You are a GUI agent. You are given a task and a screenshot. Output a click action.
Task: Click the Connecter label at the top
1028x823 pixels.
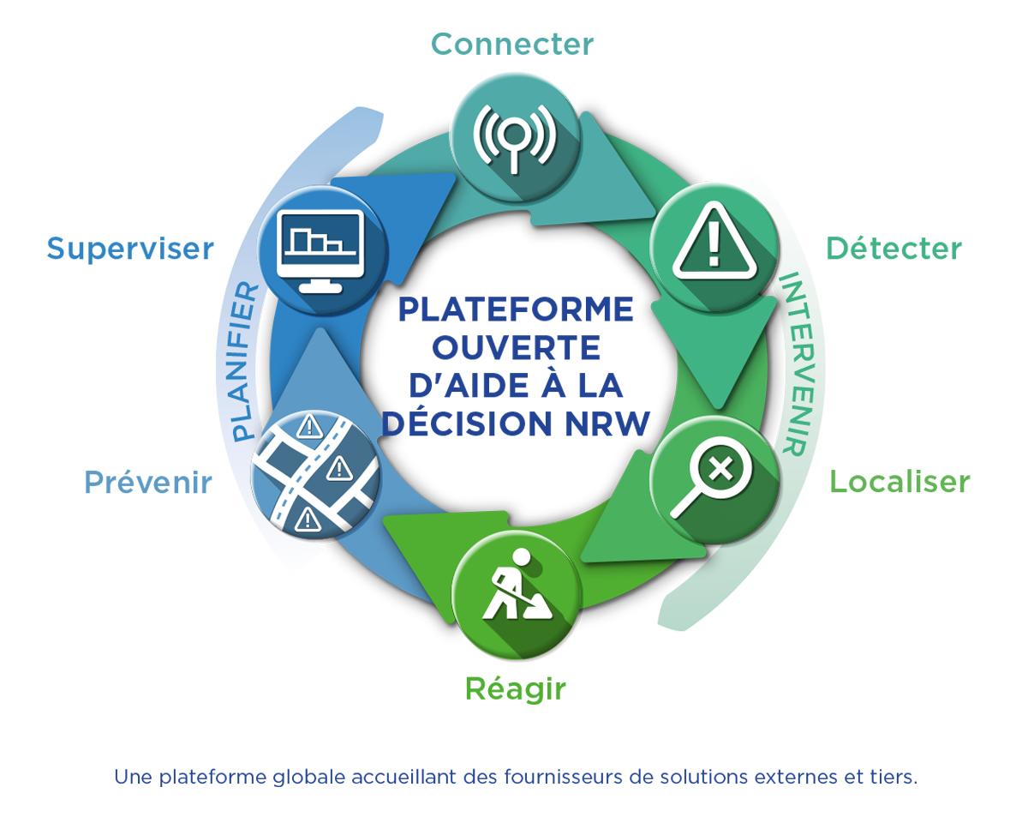(x=512, y=45)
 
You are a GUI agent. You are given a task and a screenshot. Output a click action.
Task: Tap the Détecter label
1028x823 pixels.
(x=894, y=249)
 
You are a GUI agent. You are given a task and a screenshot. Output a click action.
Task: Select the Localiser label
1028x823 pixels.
(x=900, y=482)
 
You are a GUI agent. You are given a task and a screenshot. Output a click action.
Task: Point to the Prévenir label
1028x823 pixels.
(x=148, y=482)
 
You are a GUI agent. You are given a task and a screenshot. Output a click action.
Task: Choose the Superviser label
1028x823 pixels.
(x=130, y=249)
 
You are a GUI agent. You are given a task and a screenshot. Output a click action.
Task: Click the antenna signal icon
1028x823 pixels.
(x=515, y=138)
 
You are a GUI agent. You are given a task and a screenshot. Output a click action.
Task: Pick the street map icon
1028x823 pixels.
(x=316, y=474)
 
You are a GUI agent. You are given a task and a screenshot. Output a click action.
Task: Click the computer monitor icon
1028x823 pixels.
(x=320, y=251)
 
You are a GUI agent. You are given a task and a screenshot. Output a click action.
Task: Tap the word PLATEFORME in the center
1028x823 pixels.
(x=516, y=309)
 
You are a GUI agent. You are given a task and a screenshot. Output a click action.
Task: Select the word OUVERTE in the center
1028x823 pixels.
(x=516, y=348)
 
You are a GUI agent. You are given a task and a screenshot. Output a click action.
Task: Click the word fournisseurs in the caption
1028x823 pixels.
(x=563, y=777)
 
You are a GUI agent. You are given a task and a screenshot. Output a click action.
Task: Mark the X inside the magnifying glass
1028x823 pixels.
(x=720, y=467)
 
